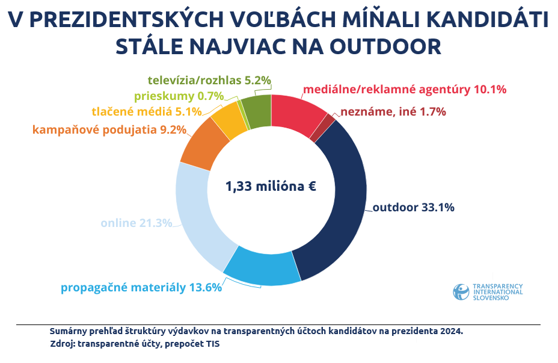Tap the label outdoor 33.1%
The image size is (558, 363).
[x=413, y=208]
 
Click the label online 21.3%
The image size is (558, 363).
[x=136, y=223]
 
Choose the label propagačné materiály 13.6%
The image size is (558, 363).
[x=141, y=287]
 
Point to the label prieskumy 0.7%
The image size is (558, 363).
[x=179, y=96]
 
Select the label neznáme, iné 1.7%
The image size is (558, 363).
[x=393, y=112]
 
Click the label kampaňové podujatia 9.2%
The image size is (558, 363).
[x=109, y=129]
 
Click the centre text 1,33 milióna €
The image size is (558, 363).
[x=271, y=186]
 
